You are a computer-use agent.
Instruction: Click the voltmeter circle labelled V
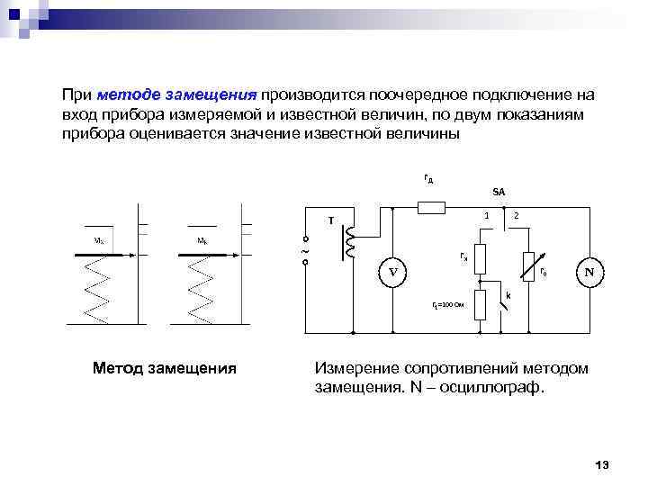click(x=392, y=272)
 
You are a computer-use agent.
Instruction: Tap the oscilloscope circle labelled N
click(x=589, y=272)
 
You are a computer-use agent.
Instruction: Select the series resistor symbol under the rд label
click(x=431, y=209)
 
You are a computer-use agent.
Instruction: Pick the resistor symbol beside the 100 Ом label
click(x=481, y=305)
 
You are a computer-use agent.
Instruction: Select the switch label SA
click(x=499, y=192)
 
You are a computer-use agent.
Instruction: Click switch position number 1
click(x=486, y=215)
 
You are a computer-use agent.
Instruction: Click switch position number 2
click(x=515, y=215)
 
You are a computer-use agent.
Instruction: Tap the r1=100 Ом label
click(x=448, y=306)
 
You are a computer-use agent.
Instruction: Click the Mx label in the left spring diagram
click(x=98, y=241)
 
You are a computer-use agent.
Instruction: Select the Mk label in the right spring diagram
click(x=203, y=241)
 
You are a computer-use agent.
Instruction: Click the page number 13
click(x=602, y=464)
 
